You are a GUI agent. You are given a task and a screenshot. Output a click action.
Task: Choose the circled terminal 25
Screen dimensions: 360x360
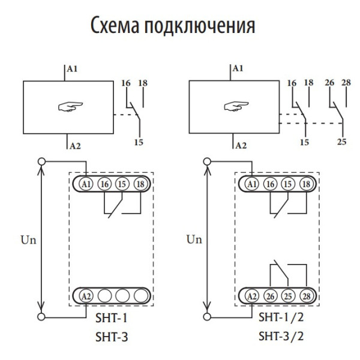[288, 296]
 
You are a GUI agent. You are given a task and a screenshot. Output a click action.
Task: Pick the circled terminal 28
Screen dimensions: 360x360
[307, 296]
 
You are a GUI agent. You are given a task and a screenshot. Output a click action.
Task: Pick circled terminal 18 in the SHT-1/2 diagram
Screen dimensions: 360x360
[307, 183]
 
